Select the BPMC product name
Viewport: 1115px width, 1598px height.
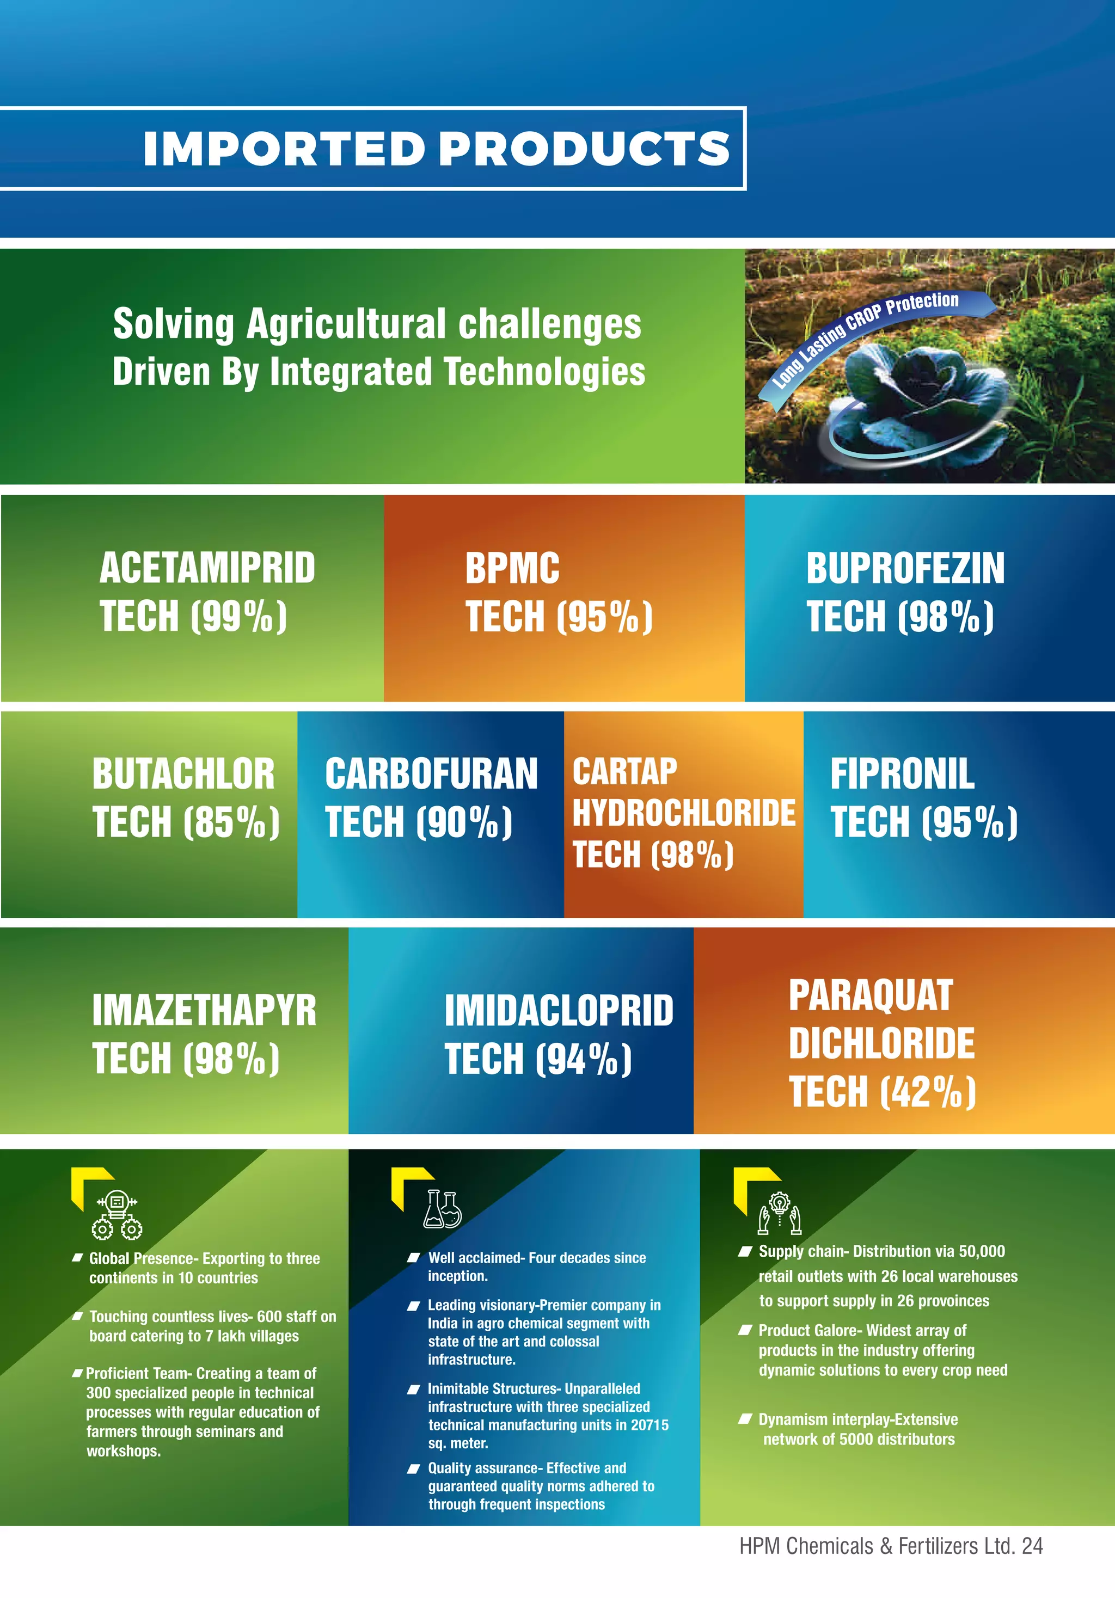[512, 569]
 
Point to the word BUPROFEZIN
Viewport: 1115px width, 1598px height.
[905, 569]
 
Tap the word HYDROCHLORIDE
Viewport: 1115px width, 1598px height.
[683, 813]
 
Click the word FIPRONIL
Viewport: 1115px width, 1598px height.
[902, 774]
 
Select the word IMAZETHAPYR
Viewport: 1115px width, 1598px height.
[204, 1011]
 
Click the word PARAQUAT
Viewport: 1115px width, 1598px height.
[871, 995]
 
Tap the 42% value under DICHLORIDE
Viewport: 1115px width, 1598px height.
[927, 1091]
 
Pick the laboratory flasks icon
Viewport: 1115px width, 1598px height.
[443, 1209]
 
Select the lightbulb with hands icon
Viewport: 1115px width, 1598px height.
[780, 1213]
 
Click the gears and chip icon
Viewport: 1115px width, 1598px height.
[117, 1214]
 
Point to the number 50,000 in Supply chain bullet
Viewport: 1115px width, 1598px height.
[982, 1251]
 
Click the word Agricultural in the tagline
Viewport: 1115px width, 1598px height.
[346, 324]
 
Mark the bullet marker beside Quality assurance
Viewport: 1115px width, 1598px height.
[413, 1469]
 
